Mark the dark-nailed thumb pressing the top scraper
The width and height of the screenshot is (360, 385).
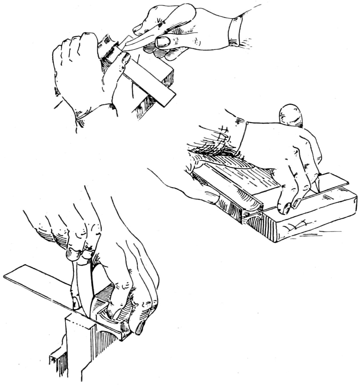pyautogui.click(x=125, y=58)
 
